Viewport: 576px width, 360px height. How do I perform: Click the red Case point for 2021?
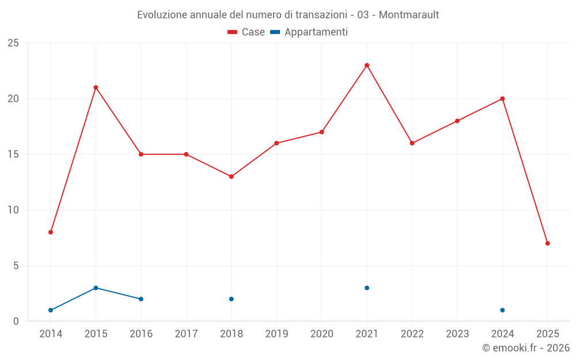pos(367,65)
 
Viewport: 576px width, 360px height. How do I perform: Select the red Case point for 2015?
pos(96,88)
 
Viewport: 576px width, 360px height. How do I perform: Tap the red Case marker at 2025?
pos(547,243)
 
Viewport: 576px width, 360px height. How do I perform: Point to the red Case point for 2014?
pos(51,232)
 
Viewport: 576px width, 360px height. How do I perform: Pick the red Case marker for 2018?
pos(231,176)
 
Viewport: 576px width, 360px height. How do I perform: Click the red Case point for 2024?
pos(502,98)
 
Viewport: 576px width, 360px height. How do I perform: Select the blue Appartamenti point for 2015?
pos(96,288)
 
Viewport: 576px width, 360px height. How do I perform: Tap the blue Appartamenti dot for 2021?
pos(367,288)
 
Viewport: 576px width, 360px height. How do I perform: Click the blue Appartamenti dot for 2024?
pos(502,310)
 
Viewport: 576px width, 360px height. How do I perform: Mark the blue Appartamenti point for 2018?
pos(231,299)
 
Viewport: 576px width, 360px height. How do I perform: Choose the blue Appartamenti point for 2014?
pos(51,310)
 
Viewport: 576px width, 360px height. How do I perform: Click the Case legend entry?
pos(247,32)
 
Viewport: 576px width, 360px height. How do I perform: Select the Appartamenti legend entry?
pos(309,32)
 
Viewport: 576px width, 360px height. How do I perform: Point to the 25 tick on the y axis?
pos(13,43)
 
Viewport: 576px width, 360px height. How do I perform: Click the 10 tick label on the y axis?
pos(13,210)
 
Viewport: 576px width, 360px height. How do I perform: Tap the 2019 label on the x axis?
pos(276,334)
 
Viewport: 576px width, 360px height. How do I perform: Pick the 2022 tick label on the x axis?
pos(412,334)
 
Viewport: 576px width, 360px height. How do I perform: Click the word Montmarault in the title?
pos(409,15)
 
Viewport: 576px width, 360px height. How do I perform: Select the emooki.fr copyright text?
pos(526,348)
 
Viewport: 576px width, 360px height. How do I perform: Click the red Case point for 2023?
pos(457,121)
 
